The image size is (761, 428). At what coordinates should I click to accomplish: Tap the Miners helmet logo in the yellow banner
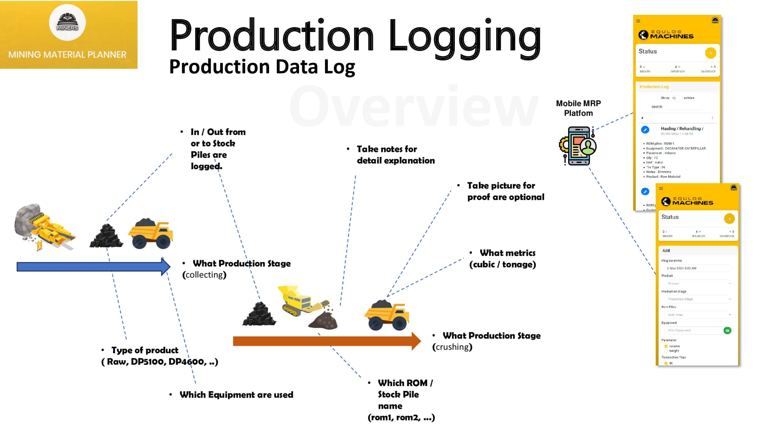coord(67,23)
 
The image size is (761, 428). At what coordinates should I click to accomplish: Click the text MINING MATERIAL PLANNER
coord(67,55)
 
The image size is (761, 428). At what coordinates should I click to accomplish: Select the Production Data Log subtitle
coord(262,67)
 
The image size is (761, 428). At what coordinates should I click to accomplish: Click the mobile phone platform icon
coord(578,146)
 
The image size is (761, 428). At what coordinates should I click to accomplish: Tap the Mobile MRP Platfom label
coord(578,108)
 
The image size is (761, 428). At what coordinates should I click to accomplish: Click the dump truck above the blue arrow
coord(150,234)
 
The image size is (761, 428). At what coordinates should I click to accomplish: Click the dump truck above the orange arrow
coord(386,316)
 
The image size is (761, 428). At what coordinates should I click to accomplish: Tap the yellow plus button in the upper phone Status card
coord(710,53)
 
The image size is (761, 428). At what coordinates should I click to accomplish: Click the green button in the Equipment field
coord(727,331)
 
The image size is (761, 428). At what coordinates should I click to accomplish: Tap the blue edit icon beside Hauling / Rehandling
coord(645,130)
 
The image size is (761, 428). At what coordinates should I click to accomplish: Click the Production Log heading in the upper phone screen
coord(654,87)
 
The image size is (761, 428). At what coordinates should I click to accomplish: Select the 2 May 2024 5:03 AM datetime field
coord(696,268)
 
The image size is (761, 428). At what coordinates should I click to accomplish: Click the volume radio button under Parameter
coord(666,346)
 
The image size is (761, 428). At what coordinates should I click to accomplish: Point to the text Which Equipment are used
coord(236,395)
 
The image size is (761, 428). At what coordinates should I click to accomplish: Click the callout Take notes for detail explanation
coord(395,155)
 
